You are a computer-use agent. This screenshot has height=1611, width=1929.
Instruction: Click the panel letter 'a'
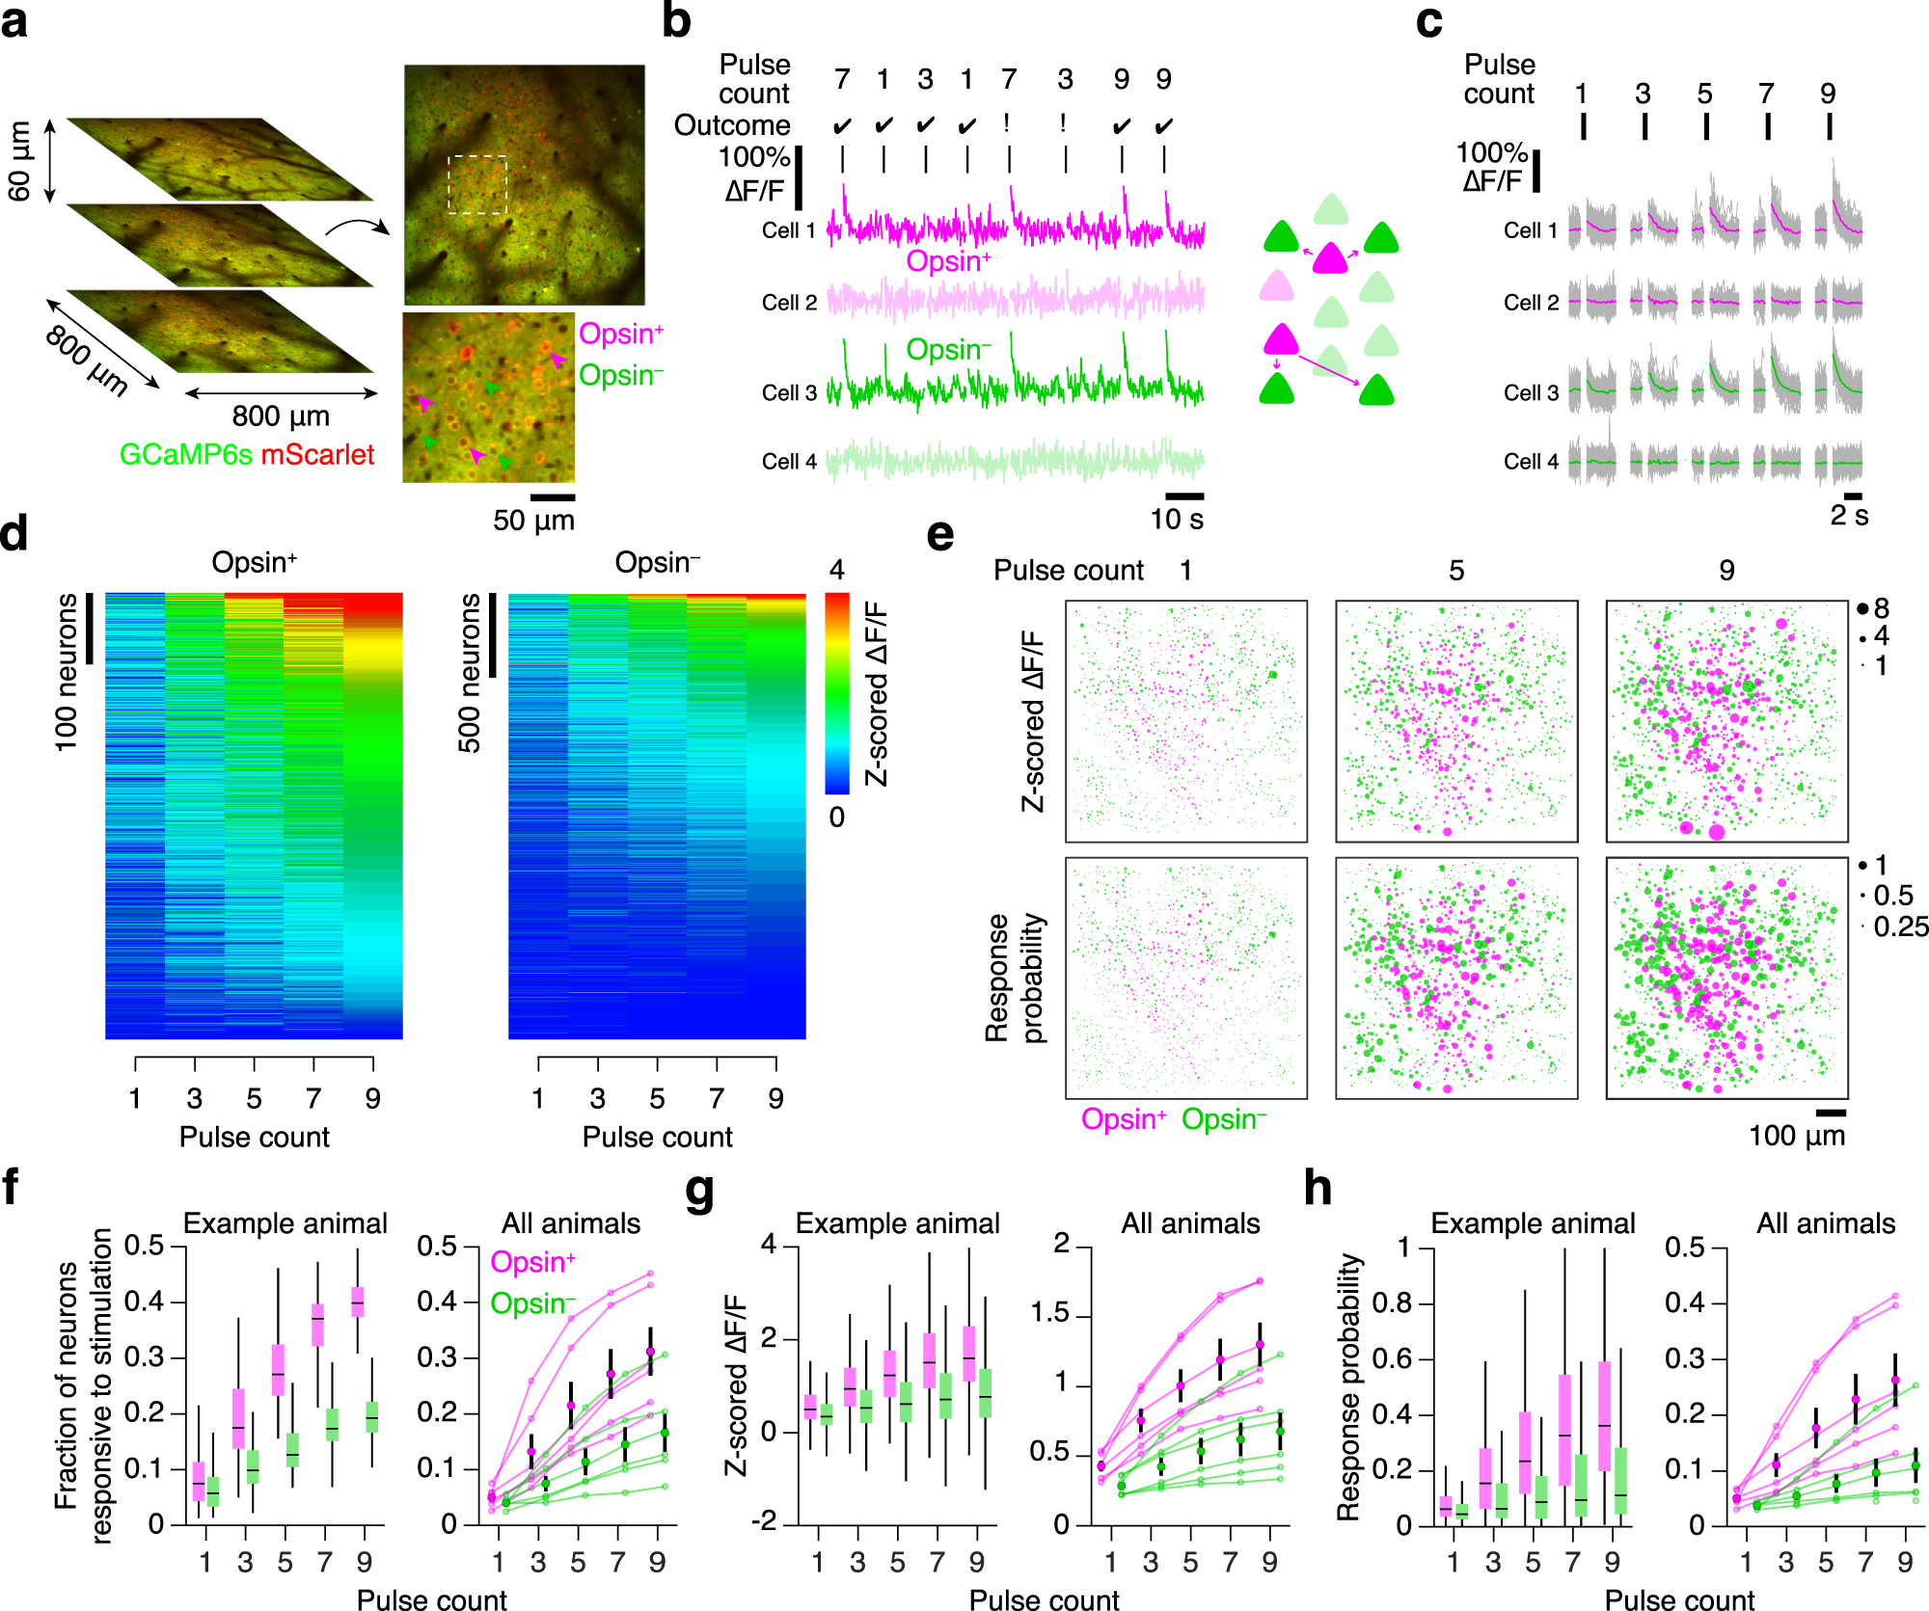pyautogui.click(x=14, y=21)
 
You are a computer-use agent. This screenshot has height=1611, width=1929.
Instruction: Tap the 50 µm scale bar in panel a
pyautogui.click(x=553, y=497)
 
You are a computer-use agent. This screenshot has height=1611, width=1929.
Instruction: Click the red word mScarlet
pyautogui.click(x=317, y=454)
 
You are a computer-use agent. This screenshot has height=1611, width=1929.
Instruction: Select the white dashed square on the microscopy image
pyautogui.click(x=477, y=184)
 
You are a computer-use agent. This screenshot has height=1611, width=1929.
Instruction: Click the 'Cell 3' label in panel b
pyautogui.click(x=789, y=393)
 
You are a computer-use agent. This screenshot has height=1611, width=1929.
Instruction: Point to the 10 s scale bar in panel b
pyautogui.click(x=1184, y=497)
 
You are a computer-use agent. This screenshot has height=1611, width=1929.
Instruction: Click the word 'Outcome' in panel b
pyautogui.click(x=732, y=125)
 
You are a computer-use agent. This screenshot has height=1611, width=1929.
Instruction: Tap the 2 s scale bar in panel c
pyautogui.click(x=1853, y=497)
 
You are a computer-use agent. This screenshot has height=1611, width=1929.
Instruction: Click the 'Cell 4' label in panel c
pyautogui.click(x=1531, y=462)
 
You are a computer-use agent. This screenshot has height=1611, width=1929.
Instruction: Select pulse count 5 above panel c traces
pyautogui.click(x=1705, y=94)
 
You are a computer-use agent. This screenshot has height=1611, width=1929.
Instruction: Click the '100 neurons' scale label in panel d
pyautogui.click(x=66, y=672)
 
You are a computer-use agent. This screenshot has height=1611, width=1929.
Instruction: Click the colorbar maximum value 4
pyautogui.click(x=836, y=571)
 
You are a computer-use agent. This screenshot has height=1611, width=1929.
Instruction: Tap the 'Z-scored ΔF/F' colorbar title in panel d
pyautogui.click(x=876, y=693)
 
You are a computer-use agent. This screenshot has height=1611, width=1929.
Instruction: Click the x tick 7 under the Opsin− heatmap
pyautogui.click(x=717, y=1098)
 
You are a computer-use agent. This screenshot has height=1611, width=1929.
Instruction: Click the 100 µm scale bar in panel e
pyautogui.click(x=1830, y=1113)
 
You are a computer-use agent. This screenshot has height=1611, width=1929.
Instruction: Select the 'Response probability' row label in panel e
pyautogui.click(x=1015, y=978)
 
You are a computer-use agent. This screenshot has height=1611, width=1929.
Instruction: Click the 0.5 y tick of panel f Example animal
pyautogui.click(x=145, y=1246)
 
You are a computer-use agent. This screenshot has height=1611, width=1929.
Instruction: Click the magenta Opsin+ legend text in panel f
pyautogui.click(x=532, y=1262)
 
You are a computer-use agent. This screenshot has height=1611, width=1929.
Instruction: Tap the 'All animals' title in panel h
pyautogui.click(x=1825, y=1223)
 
